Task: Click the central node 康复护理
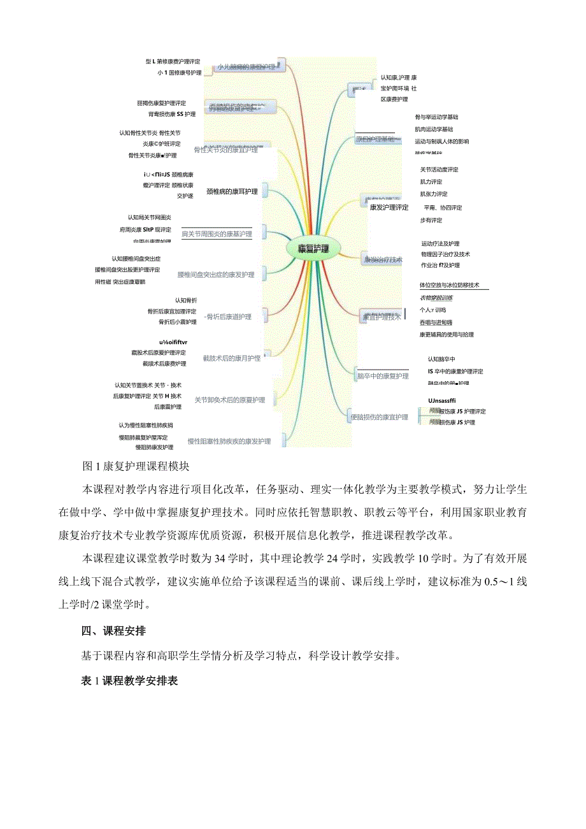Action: point(313,249)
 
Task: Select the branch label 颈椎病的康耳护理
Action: point(232,191)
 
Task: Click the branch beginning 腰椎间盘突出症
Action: point(216,275)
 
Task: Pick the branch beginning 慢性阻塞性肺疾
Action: point(229,441)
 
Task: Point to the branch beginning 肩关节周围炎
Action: point(217,234)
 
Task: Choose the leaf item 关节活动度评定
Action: point(439,170)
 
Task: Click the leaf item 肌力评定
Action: point(431,182)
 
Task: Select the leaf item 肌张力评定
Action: point(433,194)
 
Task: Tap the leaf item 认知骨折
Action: point(186,300)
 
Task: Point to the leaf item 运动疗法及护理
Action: point(440,244)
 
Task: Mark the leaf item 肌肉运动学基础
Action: point(434,129)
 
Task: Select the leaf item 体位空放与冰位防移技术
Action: point(449,285)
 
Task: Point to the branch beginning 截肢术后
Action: point(231,358)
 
